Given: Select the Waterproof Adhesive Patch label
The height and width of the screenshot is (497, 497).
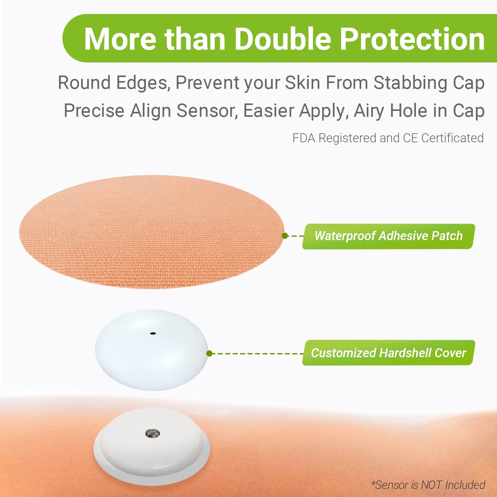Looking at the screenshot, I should pos(388,236).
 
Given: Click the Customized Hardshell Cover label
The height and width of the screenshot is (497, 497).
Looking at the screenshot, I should pos(388,353).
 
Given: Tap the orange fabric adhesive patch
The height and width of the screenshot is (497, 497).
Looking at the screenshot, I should pos(149,231).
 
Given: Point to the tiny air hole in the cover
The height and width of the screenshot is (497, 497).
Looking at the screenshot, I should pos(153,333).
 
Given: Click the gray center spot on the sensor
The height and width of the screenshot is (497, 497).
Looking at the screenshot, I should pos(151,434).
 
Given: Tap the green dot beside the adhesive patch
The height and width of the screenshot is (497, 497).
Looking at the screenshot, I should pos(285,236).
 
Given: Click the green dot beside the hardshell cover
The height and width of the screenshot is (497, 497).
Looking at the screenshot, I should pos(210,353).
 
